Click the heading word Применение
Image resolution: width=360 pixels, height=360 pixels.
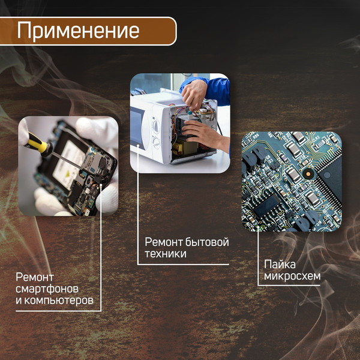(79, 31)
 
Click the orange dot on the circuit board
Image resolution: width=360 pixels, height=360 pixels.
(307, 175)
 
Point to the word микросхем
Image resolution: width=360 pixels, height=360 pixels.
(292, 276)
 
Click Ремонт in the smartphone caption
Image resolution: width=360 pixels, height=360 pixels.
(35, 277)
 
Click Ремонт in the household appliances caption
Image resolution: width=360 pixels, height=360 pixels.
(162, 242)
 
